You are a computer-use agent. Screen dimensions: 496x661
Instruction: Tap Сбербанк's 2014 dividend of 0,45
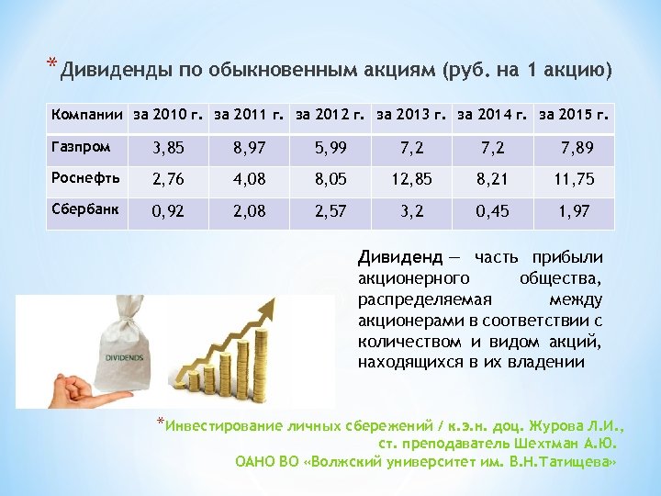click(x=494, y=212)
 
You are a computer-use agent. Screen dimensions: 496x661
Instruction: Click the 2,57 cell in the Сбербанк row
click(x=330, y=212)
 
